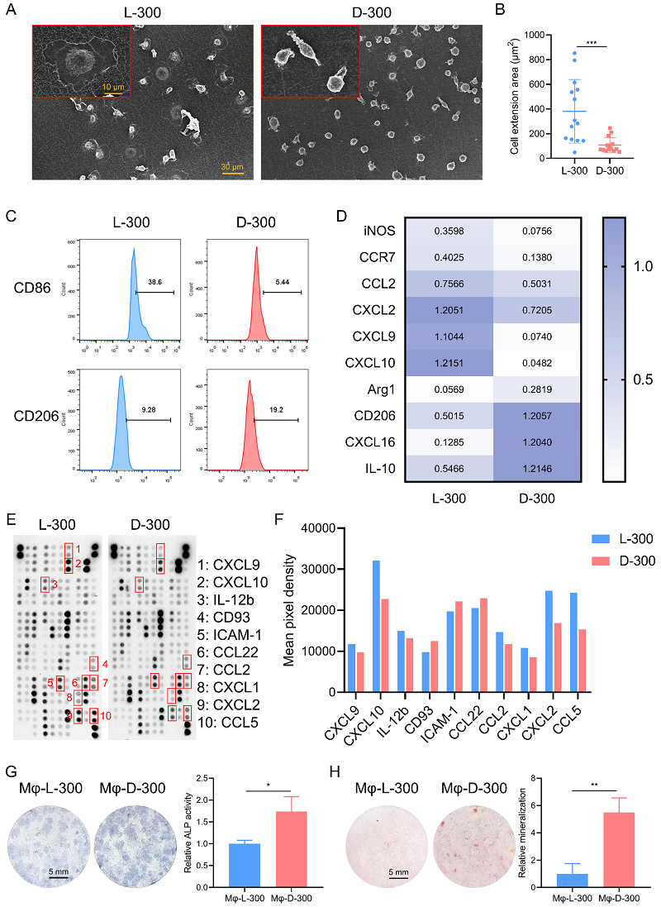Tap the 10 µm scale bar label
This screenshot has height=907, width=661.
click(x=114, y=86)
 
